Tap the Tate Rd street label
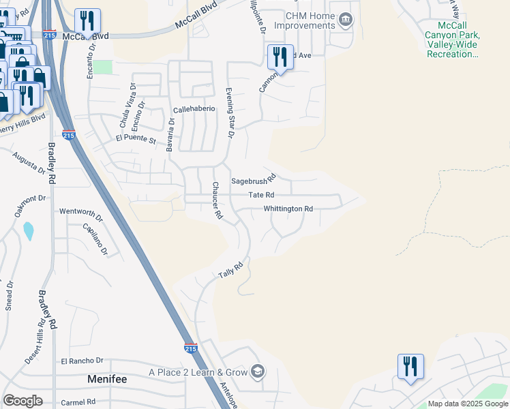[260, 195]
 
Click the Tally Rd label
[230, 270]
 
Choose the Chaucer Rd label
[217, 200]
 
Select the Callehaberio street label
[194, 109]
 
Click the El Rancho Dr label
[82, 361]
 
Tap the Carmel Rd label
[78, 402]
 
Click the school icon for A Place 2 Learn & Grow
[258, 372]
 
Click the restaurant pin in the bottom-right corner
[410, 366]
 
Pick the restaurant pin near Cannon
[280, 57]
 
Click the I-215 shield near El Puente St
[68, 136]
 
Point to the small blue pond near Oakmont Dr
[29, 231]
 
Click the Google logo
[22, 401]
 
